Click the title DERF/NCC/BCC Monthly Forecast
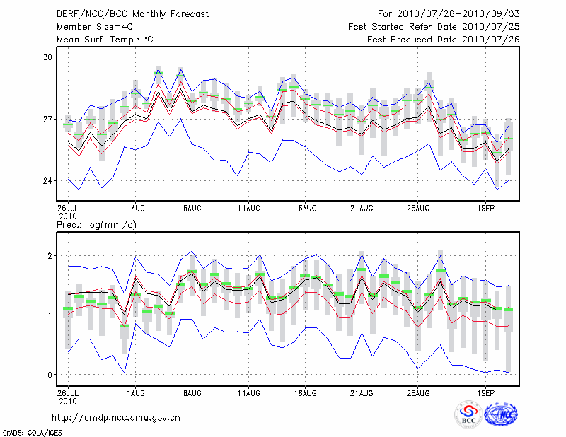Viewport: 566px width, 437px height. pos(132,14)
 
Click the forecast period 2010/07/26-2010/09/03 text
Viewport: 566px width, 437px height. pos(449,14)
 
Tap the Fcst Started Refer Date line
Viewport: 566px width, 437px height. pos(434,27)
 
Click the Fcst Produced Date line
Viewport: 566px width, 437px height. pos(444,40)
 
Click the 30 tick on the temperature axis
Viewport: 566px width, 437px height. pos(48,57)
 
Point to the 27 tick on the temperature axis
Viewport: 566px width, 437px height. pos(48,119)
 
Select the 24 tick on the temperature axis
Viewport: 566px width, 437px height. pos(48,181)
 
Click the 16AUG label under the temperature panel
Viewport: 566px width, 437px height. pos(305,209)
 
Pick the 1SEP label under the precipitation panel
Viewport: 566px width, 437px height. pos(485,391)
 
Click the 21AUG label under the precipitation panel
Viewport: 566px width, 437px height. pos(362,391)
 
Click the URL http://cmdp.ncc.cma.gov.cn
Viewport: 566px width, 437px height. pos(116,417)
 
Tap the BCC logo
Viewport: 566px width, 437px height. pos(468,414)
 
